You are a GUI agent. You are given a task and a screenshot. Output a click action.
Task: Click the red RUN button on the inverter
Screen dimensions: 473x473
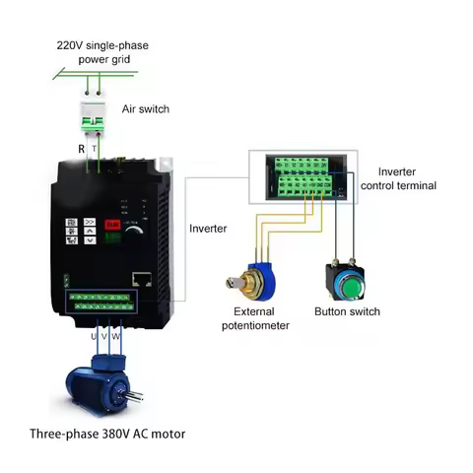(x=112, y=224)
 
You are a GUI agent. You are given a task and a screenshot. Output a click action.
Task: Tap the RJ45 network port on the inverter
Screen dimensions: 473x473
(x=142, y=279)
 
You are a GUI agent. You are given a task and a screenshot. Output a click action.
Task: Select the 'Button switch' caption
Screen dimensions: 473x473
(x=347, y=312)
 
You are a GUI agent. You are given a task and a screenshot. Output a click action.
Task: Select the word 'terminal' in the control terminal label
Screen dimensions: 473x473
(x=415, y=185)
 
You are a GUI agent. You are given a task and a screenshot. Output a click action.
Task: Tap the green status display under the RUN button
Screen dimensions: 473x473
(x=112, y=236)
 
